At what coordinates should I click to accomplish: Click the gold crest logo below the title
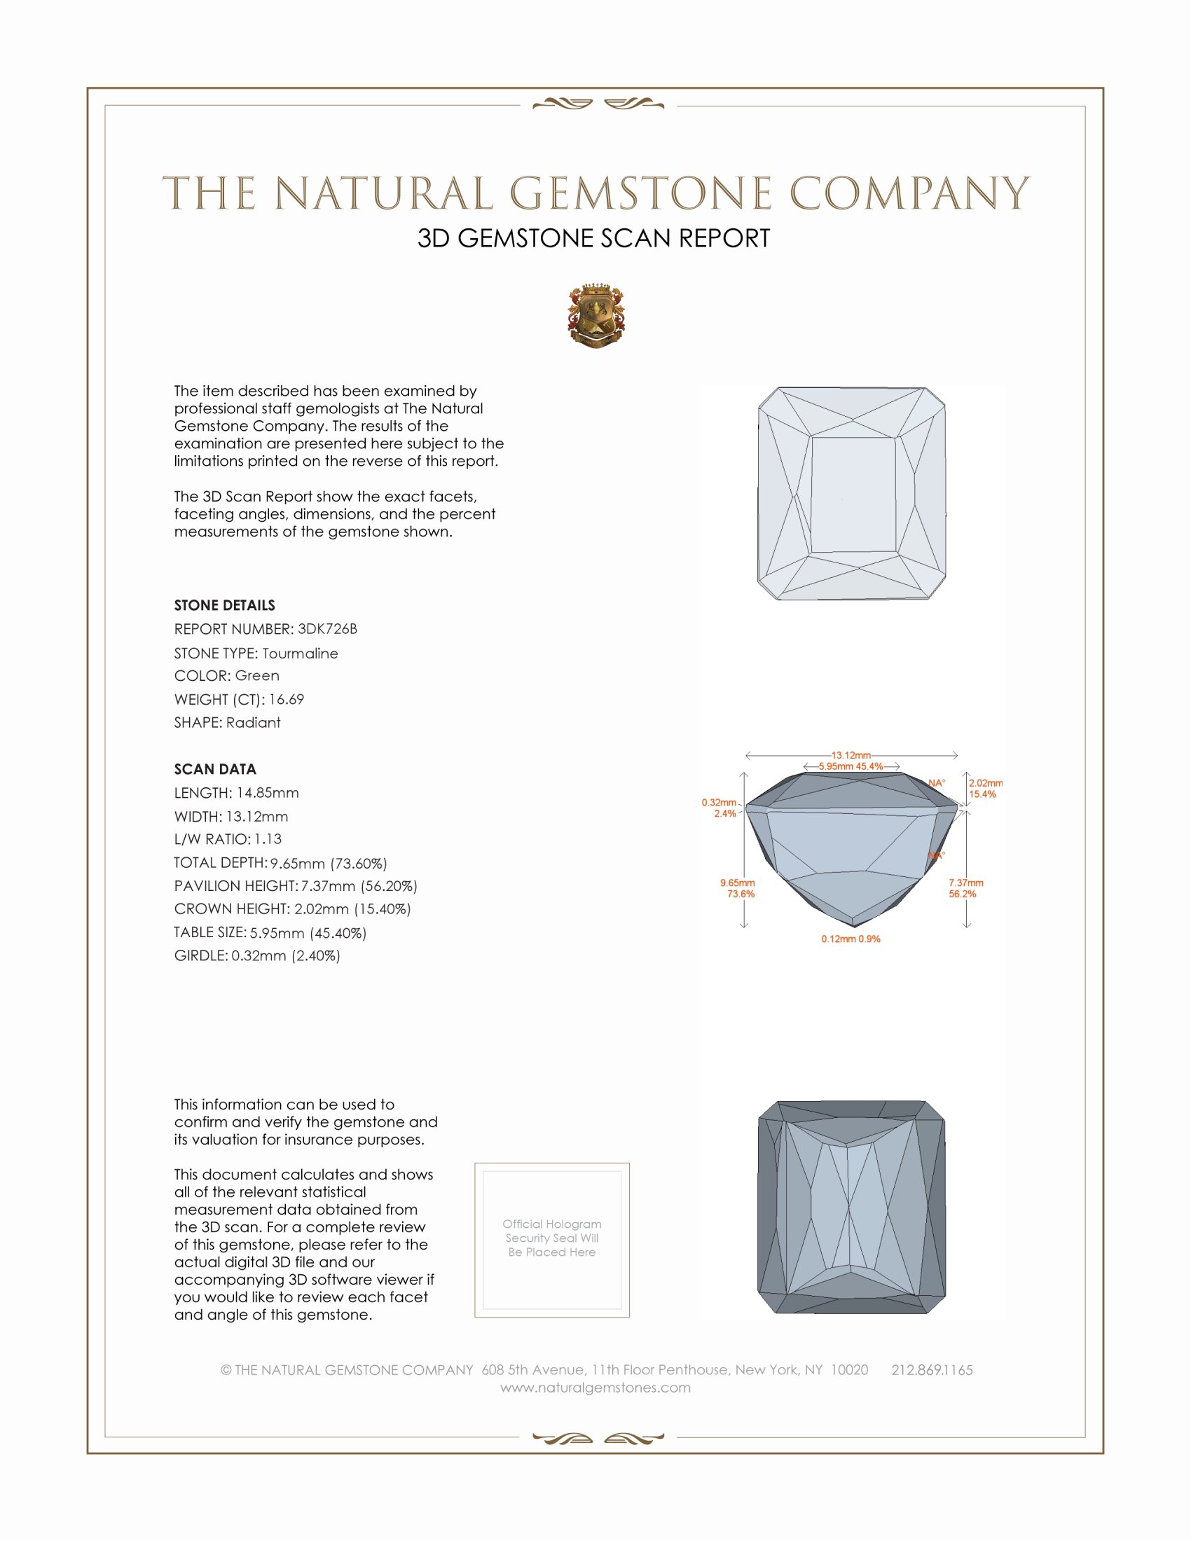(595, 316)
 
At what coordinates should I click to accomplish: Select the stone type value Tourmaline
(300, 654)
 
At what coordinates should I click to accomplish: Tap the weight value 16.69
(286, 699)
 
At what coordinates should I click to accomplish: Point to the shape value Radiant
(254, 723)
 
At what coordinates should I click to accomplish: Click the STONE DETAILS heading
(224, 605)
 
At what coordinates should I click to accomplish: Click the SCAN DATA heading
(215, 769)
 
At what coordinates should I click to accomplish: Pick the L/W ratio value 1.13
(268, 839)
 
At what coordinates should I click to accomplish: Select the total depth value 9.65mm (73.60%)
(328, 863)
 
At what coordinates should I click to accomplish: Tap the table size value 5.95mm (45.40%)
(308, 933)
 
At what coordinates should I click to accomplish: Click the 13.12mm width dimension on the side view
(851, 755)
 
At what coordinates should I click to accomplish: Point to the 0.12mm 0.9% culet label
(851, 939)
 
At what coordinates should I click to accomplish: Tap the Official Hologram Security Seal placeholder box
(552, 1240)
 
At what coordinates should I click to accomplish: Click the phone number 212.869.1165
(931, 1369)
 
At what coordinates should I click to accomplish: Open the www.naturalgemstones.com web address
(595, 1387)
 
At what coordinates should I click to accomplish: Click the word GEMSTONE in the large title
(640, 193)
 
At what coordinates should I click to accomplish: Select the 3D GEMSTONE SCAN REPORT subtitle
(593, 238)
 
